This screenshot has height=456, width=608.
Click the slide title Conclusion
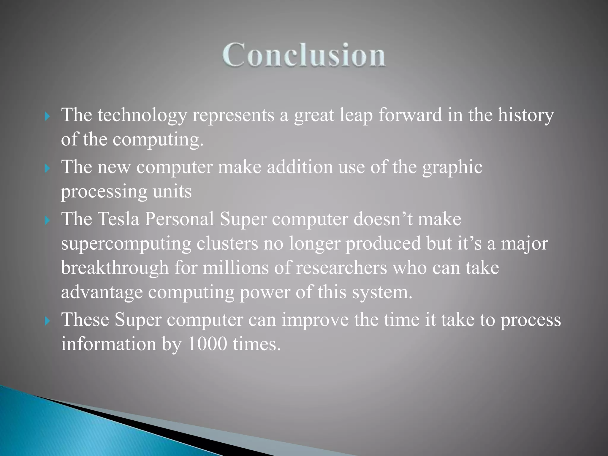304,55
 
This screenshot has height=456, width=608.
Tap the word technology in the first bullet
142,115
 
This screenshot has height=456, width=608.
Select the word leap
356,115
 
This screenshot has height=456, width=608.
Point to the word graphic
452,167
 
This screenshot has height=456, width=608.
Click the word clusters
227,243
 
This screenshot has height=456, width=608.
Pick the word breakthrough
115,268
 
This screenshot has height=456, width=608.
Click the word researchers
341,268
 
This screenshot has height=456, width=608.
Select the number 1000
207,344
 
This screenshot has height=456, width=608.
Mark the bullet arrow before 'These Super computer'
47,321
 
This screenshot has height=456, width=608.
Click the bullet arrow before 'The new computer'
47,169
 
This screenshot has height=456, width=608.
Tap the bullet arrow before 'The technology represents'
47,116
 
